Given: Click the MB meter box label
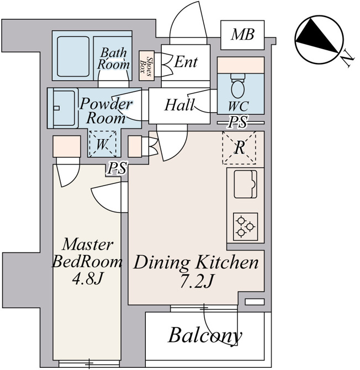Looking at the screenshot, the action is pos(242,34).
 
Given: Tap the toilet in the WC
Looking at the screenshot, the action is pos(238,86).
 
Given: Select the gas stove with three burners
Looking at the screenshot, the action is pos(245,226).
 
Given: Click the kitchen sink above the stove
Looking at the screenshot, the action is pos(245,184).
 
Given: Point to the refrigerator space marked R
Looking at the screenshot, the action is pos(239,147).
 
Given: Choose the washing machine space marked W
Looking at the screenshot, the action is pos(102,144).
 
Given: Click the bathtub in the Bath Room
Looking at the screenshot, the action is pos(73,56).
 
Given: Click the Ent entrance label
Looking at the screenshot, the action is pos(186,62).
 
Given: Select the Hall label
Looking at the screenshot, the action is pos(180,105).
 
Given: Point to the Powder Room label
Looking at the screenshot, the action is pos(105,110).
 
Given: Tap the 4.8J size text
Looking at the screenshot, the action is pos(88,279).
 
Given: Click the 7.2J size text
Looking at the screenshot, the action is pos(196,281).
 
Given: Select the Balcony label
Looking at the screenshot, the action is pos(205,336).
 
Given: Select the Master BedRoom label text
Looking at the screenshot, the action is pos(87,253).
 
